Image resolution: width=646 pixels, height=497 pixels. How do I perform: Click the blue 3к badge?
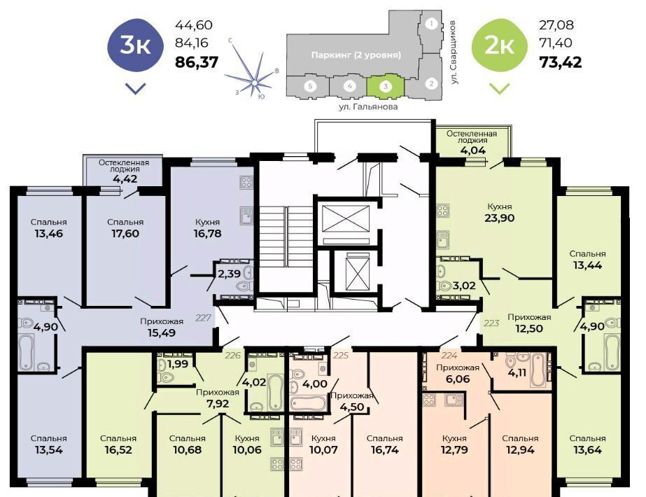135,45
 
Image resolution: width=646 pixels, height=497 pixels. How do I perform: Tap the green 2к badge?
499,45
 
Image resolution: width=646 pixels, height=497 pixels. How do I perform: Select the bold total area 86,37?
197,62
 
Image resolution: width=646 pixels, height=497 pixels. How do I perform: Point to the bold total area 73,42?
561,62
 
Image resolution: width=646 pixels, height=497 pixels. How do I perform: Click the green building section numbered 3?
386,87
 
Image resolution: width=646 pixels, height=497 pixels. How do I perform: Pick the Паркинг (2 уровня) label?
356,55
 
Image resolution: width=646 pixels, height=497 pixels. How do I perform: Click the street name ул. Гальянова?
368,106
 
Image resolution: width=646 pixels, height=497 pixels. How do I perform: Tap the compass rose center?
255,83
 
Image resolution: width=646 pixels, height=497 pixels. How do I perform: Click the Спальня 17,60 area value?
125,233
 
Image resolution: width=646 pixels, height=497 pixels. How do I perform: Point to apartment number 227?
203,318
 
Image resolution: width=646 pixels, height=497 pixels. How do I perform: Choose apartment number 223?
491,323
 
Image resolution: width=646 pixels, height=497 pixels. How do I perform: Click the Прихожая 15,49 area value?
162,332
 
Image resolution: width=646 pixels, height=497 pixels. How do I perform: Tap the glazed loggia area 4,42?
125,179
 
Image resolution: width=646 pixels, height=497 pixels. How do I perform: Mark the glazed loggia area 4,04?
472,150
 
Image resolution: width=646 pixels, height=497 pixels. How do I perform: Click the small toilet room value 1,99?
178,364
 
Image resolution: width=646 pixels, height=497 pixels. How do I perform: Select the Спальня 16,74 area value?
384,449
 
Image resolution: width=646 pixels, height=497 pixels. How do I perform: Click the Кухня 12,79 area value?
454,449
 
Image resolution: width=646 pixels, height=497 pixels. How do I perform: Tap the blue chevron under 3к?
135,87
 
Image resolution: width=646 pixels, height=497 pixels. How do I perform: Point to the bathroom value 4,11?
517,373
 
